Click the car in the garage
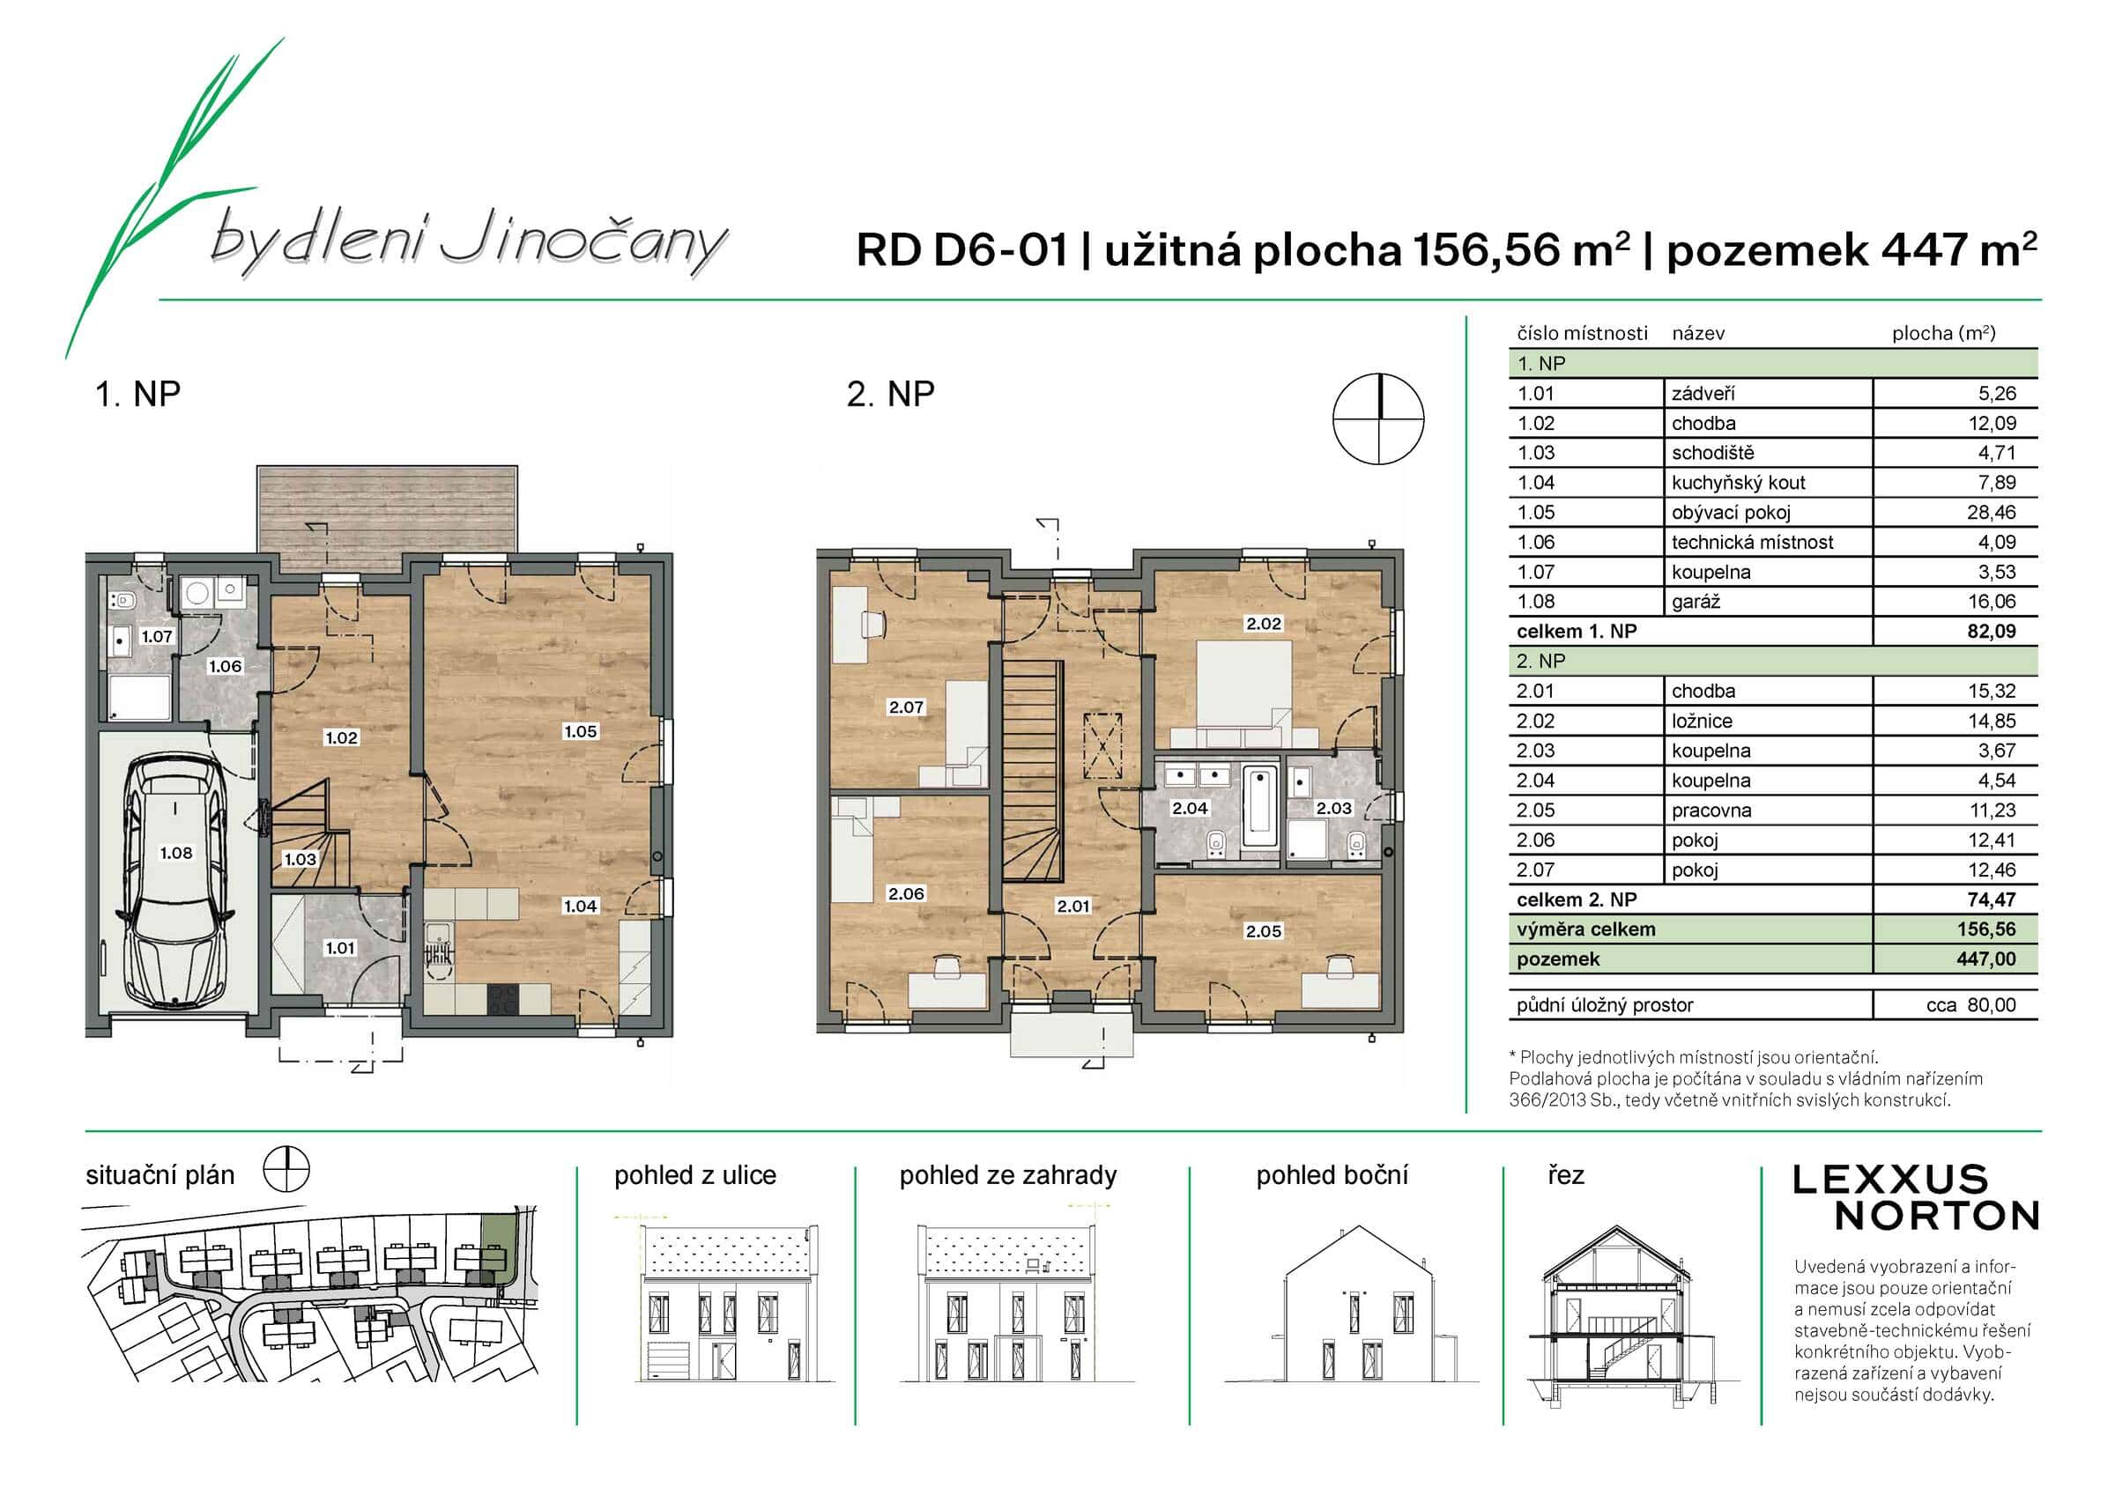(175, 880)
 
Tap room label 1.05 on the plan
(581, 731)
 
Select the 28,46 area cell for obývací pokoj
(1991, 512)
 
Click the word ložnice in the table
(1702, 722)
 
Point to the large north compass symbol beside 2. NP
(1378, 418)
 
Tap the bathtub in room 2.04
(1259, 808)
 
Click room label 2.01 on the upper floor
(1072, 907)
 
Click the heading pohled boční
(1331, 1175)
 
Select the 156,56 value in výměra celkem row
(1985, 929)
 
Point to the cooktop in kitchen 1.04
(503, 997)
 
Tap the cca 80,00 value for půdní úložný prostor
(1970, 1005)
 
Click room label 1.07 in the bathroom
(157, 637)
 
